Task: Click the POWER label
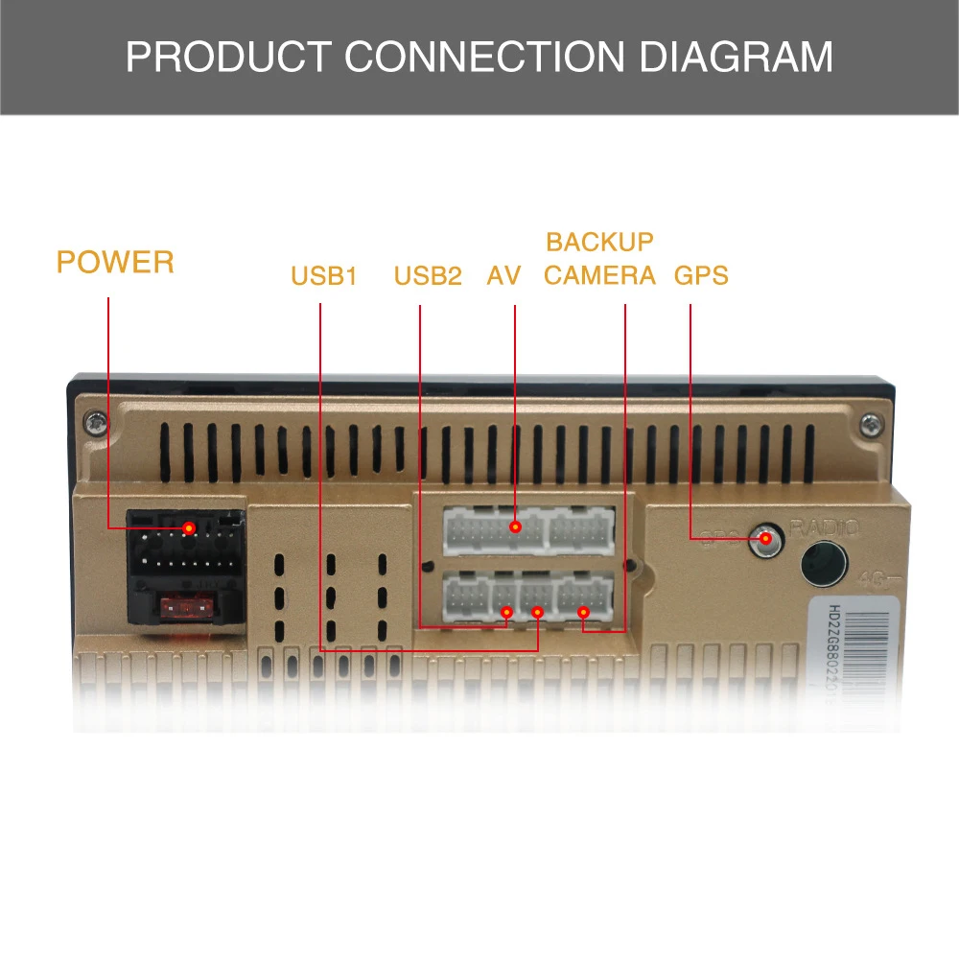(x=115, y=262)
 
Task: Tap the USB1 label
(x=324, y=277)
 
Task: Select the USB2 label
(x=428, y=277)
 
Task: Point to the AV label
(x=503, y=277)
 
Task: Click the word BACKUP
(x=599, y=242)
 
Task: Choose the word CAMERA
(x=599, y=276)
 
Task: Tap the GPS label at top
(x=701, y=276)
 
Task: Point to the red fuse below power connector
(x=183, y=607)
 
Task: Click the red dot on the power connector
(x=190, y=528)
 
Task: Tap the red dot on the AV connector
(x=516, y=526)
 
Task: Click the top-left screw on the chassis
(x=96, y=422)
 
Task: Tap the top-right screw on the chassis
(x=869, y=422)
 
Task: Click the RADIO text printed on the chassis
(x=825, y=526)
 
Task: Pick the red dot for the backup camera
(x=583, y=612)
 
